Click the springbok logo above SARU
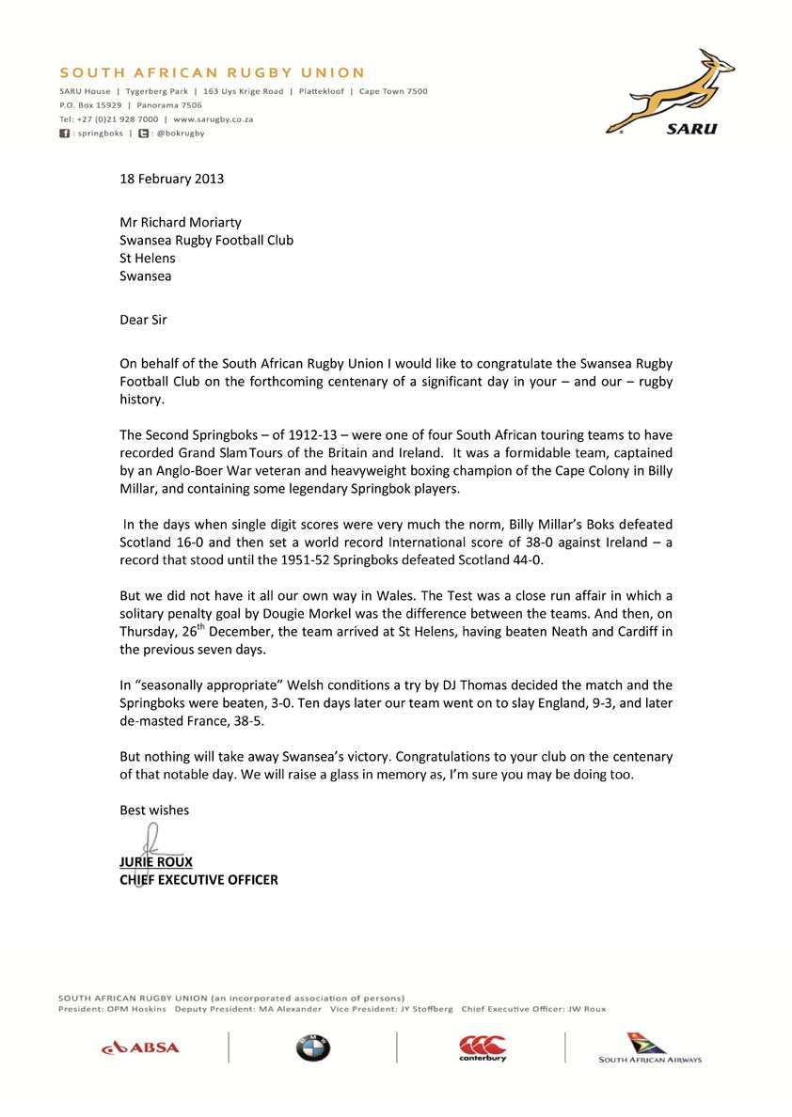point(670,90)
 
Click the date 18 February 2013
point(171,178)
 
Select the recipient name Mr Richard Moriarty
point(181,222)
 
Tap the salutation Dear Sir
point(143,320)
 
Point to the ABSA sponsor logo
point(140,1046)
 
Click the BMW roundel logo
point(312,1047)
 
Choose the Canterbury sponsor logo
point(483,1047)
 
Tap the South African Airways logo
point(650,1047)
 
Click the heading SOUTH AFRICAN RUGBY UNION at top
point(212,72)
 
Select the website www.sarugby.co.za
point(213,119)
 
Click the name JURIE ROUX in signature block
point(156,861)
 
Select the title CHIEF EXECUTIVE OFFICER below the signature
point(198,880)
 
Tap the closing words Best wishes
point(154,810)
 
